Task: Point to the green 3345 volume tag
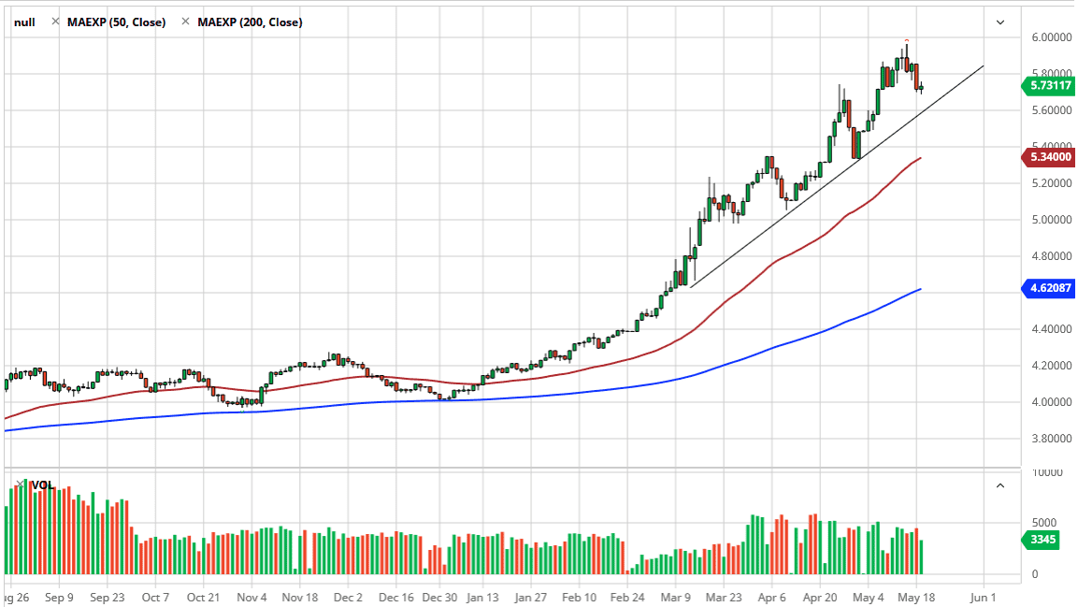(x=1040, y=539)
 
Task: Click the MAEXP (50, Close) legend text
(x=116, y=22)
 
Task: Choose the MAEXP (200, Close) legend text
(x=250, y=22)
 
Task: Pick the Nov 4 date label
(x=252, y=596)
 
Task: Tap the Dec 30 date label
(x=439, y=596)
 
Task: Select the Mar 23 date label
(x=722, y=596)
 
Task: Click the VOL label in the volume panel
(x=42, y=485)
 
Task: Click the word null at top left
(x=24, y=22)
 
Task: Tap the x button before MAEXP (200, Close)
(x=185, y=22)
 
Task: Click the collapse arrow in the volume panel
(x=1000, y=485)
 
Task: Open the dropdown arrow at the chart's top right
(x=1000, y=22)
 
